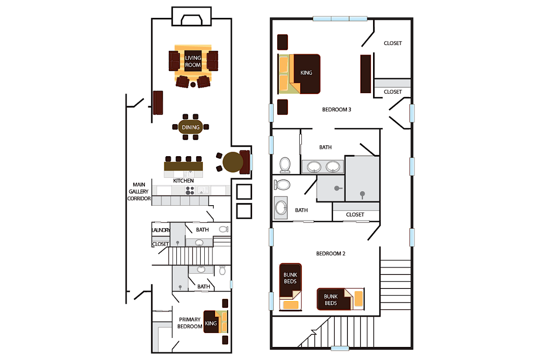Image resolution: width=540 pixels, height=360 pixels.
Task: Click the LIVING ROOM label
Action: click(193, 62)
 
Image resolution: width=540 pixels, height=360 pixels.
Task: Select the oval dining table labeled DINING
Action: click(191, 127)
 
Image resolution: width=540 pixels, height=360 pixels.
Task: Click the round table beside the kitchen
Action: click(233, 162)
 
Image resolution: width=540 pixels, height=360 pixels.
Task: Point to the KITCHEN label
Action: click(184, 181)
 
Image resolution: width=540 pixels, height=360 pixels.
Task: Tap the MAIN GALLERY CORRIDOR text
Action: click(139, 191)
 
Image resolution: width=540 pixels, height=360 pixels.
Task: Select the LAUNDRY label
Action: click(161, 230)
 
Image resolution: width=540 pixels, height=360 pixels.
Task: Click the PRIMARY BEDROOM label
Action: click(189, 323)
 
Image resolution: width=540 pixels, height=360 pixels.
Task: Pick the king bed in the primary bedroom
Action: click(215, 322)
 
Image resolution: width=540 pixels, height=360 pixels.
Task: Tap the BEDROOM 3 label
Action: click(337, 109)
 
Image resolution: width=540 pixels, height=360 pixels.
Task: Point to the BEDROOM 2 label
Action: click(331, 253)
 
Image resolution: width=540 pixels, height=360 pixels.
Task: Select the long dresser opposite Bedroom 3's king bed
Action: click(365, 74)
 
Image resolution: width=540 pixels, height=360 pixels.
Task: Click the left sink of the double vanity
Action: click(314, 167)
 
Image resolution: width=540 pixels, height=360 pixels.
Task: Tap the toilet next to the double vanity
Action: click(285, 164)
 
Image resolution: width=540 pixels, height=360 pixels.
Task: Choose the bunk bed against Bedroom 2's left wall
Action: click(290, 287)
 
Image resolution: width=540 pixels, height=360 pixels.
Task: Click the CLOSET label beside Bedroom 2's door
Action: click(355, 215)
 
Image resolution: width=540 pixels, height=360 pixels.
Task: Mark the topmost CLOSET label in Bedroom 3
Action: click(392, 43)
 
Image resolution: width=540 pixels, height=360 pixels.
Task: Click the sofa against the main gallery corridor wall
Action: click(157, 103)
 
